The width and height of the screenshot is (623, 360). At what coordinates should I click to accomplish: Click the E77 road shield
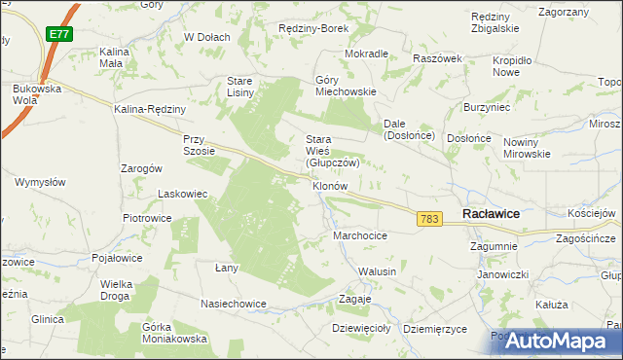coord(58,34)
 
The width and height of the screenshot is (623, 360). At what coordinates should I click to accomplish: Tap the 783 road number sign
coord(429,220)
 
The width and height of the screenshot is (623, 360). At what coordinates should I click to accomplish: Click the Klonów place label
coord(330,185)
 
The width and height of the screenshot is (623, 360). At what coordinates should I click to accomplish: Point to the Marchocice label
coord(360,235)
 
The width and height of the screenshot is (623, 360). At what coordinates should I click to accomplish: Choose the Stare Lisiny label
coord(240,86)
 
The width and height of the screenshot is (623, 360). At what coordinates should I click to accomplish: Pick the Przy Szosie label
coord(199,145)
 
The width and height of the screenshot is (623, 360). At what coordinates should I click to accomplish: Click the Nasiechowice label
coord(234,304)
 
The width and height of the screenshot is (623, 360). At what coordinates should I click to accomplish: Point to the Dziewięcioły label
coord(360,329)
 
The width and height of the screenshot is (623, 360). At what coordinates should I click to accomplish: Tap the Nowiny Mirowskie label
coord(527,148)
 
